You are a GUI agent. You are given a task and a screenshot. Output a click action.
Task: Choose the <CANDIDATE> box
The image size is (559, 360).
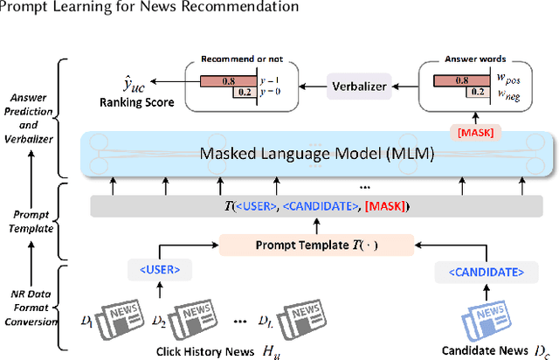[x=476, y=271]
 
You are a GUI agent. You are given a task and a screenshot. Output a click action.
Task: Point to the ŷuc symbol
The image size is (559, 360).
[x=131, y=84]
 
